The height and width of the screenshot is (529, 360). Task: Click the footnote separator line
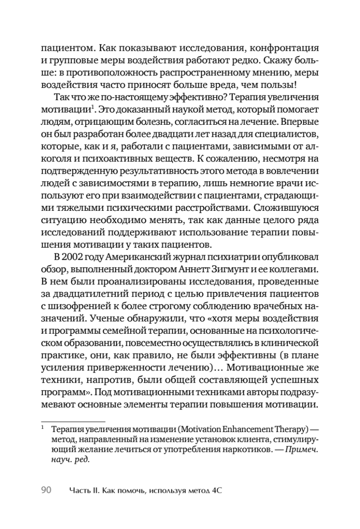pyautogui.click(x=73, y=421)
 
